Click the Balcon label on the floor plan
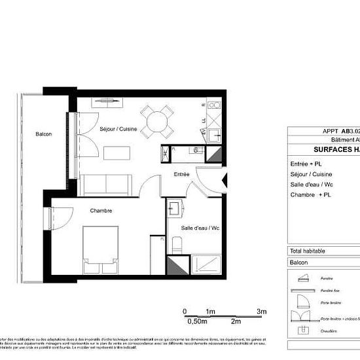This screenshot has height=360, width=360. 44,134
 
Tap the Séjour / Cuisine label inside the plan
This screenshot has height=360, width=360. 118,130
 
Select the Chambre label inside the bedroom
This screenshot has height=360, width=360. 101,211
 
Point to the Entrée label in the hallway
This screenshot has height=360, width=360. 181,175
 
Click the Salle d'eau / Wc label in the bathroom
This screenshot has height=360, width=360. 199,228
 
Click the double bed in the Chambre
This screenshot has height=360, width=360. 100,249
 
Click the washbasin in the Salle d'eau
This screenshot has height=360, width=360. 176,209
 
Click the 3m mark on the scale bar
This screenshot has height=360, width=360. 261,312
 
